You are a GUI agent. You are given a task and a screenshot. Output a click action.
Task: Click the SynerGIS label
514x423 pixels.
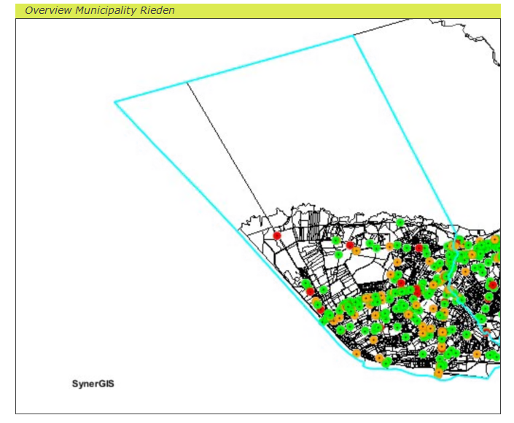click(93, 384)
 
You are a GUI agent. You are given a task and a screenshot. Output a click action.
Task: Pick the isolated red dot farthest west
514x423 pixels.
click(277, 236)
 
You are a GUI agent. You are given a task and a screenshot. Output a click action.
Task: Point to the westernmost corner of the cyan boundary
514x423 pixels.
click(115, 102)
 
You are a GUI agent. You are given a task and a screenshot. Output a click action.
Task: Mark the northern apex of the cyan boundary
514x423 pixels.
click(354, 36)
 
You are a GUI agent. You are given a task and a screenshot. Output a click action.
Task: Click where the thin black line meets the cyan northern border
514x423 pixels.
click(187, 82)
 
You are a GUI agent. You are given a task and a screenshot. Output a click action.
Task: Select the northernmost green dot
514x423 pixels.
click(400, 222)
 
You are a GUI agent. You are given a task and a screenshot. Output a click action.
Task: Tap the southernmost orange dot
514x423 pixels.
click(438, 373)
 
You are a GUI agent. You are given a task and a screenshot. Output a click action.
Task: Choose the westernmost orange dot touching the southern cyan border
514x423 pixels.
click(357, 354)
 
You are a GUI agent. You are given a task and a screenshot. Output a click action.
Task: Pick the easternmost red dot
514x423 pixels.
click(493, 284)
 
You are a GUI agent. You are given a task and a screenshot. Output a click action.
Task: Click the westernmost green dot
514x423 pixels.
click(306, 283)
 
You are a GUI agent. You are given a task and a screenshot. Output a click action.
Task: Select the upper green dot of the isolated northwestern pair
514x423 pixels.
click(336, 240)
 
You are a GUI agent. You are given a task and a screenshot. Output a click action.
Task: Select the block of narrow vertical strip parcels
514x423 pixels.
click(314, 222)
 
